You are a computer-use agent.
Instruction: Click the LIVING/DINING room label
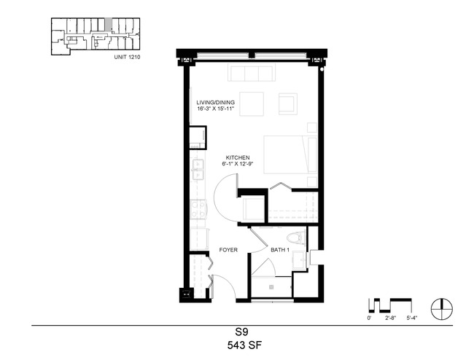(215, 103)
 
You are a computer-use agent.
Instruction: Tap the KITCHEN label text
(238, 157)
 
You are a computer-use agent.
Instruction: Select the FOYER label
(228, 250)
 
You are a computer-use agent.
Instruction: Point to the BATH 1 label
(279, 250)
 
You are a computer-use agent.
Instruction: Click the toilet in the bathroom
(296, 238)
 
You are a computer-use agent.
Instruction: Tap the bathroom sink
(300, 260)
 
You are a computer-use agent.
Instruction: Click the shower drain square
(271, 287)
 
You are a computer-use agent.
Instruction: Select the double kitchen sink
(198, 169)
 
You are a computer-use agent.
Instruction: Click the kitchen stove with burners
(198, 209)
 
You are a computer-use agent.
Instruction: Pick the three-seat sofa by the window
(251, 73)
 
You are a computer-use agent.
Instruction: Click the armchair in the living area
(287, 103)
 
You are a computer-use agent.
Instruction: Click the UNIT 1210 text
(127, 57)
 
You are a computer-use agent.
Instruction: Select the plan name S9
(241, 331)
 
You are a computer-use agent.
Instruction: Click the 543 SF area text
(244, 345)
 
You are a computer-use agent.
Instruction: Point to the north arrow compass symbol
(442, 309)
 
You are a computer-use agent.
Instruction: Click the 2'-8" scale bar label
(391, 318)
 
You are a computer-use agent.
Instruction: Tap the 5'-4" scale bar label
(412, 318)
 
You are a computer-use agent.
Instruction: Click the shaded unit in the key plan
(109, 24)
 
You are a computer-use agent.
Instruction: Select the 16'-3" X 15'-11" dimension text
(215, 109)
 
